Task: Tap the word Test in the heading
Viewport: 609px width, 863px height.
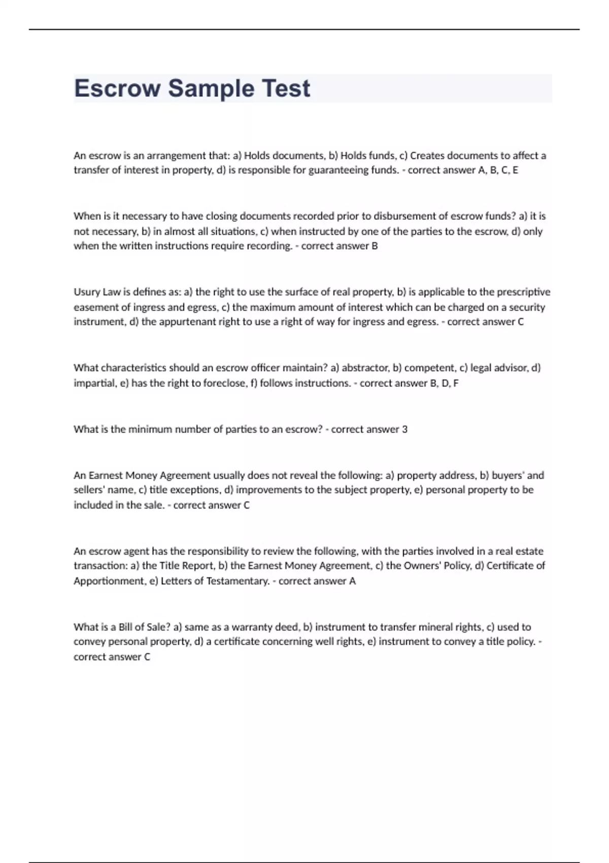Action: [x=286, y=88]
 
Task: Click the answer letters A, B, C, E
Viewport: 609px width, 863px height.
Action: [x=498, y=170]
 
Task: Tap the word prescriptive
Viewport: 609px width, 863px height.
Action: [x=523, y=292]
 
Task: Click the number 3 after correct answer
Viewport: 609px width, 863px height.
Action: [x=404, y=429]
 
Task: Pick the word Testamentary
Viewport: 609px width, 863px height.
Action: [x=238, y=581]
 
